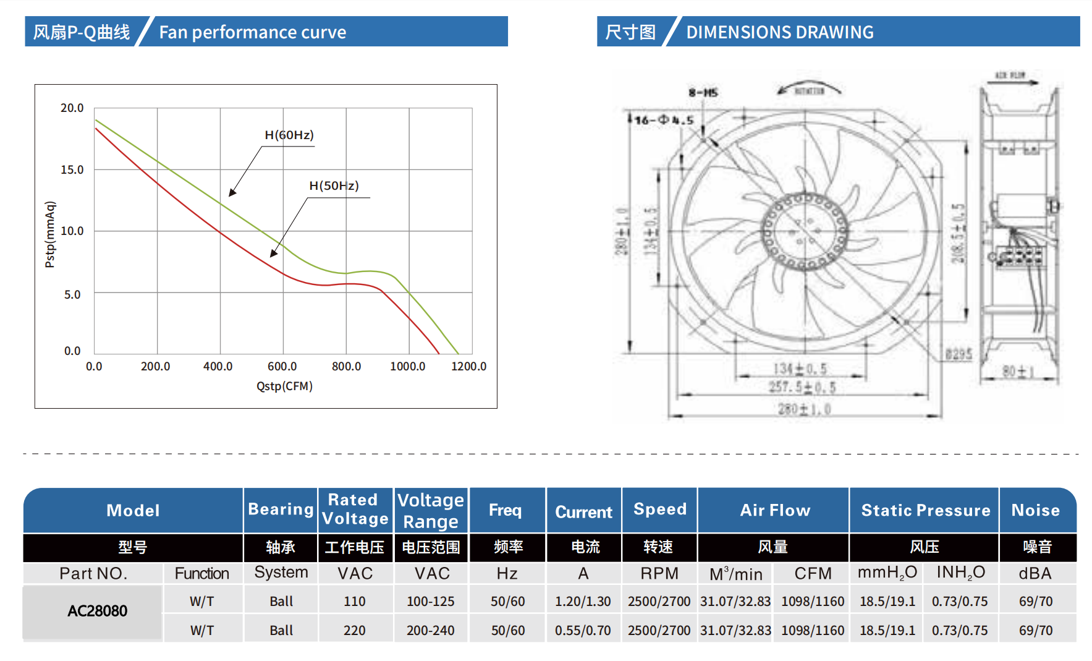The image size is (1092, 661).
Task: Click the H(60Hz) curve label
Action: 289,135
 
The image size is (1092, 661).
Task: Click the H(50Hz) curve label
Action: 334,186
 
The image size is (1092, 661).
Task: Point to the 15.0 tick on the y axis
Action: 72,169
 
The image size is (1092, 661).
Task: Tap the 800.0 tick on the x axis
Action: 346,366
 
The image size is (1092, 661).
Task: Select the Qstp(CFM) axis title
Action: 284,386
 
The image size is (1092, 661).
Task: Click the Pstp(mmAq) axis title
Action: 50,234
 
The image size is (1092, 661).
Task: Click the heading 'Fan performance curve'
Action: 252,32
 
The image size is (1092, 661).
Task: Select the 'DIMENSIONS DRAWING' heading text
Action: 780,32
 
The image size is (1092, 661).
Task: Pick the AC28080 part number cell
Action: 97,611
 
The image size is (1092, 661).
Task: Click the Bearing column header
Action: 281,510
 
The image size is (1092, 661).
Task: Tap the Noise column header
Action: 1035,510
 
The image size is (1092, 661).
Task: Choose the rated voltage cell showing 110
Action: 355,601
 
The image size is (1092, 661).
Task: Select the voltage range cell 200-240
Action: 430,630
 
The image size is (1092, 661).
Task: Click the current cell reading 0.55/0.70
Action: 583,630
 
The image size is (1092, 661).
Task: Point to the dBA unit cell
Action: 1035,573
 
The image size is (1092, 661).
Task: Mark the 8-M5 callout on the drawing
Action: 703,93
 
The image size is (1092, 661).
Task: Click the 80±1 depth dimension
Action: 1017,372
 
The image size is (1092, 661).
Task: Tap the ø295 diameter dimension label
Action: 959,354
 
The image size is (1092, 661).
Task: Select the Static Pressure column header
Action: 925,510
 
